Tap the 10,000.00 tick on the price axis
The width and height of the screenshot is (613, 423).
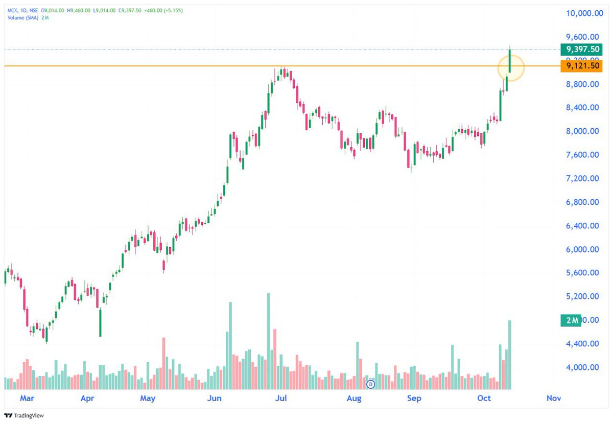[x=582, y=14]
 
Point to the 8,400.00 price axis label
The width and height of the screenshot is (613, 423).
[x=582, y=108]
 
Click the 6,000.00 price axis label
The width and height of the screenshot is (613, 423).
[x=582, y=249]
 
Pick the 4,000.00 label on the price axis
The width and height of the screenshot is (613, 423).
[x=582, y=367]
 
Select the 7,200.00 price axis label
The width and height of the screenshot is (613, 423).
[x=582, y=178]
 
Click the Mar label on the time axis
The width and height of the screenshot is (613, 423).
[x=27, y=398]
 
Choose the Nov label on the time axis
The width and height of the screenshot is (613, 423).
[x=553, y=398]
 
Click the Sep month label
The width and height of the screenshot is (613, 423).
[x=414, y=398]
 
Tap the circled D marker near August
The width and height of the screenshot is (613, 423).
[x=371, y=384]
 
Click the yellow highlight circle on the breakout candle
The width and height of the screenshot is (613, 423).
[x=510, y=67]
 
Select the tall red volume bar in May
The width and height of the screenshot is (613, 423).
[x=163, y=363]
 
